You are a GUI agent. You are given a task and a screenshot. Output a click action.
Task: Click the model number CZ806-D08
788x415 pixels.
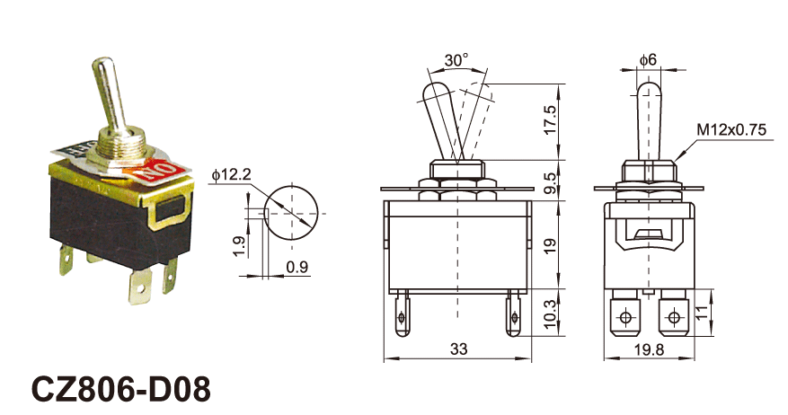click(x=120, y=389)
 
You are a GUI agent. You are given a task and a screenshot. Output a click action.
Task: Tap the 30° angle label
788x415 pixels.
click(x=456, y=60)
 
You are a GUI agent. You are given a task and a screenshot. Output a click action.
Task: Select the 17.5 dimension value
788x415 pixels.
click(x=551, y=119)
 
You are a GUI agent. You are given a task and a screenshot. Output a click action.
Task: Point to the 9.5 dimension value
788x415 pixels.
click(x=551, y=183)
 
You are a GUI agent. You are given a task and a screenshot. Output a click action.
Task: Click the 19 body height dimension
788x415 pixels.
click(x=551, y=246)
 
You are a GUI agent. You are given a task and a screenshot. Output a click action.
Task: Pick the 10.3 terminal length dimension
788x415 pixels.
click(x=551, y=314)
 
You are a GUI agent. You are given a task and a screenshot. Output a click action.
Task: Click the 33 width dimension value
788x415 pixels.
click(x=458, y=349)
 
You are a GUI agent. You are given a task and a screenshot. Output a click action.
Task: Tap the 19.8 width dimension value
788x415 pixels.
click(x=649, y=349)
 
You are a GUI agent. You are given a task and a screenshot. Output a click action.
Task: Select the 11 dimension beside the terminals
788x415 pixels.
click(x=703, y=313)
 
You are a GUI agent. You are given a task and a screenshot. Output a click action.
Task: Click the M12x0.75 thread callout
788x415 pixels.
click(x=731, y=129)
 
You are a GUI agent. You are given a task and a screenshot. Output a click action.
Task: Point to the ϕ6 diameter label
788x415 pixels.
click(x=649, y=60)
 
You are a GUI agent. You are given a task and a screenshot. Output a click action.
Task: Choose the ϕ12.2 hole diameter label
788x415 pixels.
click(x=231, y=174)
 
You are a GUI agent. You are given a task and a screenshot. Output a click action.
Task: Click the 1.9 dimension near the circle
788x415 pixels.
click(x=240, y=246)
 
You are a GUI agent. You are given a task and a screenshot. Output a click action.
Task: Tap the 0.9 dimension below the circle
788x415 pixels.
click(x=297, y=267)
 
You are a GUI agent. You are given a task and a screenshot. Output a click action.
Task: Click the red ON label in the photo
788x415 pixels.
click(x=159, y=172)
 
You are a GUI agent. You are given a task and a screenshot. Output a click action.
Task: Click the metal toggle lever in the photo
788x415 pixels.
click(x=110, y=95)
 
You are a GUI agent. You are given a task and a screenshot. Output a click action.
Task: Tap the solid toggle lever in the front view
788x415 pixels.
click(x=442, y=120)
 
